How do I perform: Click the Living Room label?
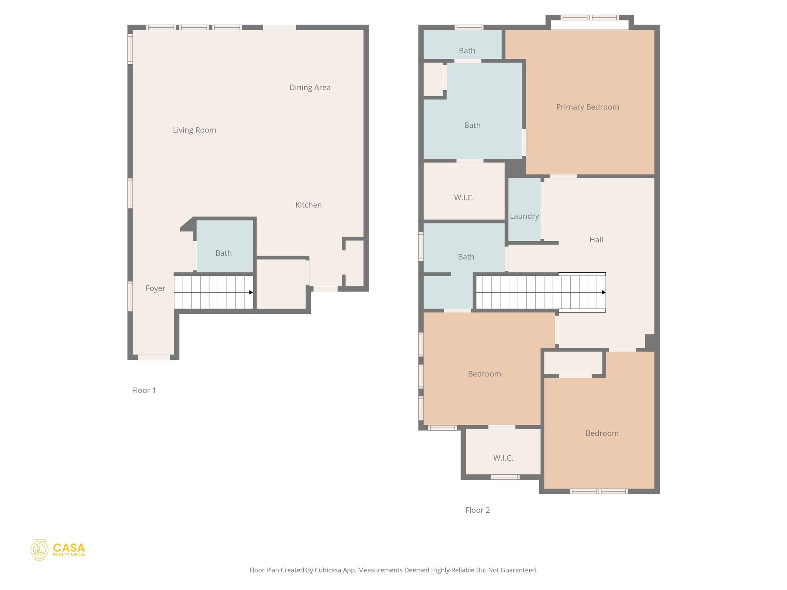194,130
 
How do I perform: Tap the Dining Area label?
310,88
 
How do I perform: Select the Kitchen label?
308,205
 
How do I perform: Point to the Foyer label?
155,288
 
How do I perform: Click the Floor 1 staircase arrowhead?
251,292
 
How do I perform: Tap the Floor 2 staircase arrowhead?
603,292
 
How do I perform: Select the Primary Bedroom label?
587,107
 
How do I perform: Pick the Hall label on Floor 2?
596,240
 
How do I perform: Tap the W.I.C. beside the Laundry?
464,197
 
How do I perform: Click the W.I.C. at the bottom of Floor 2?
503,458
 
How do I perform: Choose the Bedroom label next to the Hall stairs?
484,374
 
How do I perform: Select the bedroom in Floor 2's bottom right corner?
602,433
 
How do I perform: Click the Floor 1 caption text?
144,390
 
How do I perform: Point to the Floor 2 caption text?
477,510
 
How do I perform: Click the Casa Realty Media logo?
58,550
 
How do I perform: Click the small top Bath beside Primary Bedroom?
467,51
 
